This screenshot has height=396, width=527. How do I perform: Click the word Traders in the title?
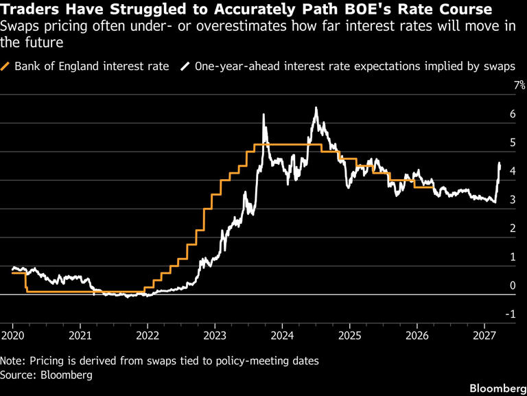[29, 9]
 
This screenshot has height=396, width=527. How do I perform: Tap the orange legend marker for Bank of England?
[7, 67]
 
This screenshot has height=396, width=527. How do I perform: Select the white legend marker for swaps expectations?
[185, 67]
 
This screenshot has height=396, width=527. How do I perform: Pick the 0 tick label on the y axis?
[512, 286]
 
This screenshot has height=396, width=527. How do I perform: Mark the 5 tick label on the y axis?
[512, 143]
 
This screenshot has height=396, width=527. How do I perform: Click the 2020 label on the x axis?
[12, 336]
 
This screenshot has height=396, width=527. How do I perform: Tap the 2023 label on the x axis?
[215, 336]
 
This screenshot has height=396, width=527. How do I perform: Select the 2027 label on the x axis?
[484, 336]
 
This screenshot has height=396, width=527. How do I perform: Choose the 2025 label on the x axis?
[349, 336]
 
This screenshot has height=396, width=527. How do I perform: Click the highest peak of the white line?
[316, 108]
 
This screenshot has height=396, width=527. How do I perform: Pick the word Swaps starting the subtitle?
[21, 26]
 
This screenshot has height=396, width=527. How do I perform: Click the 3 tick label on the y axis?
[512, 200]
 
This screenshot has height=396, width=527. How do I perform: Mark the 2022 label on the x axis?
[147, 336]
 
